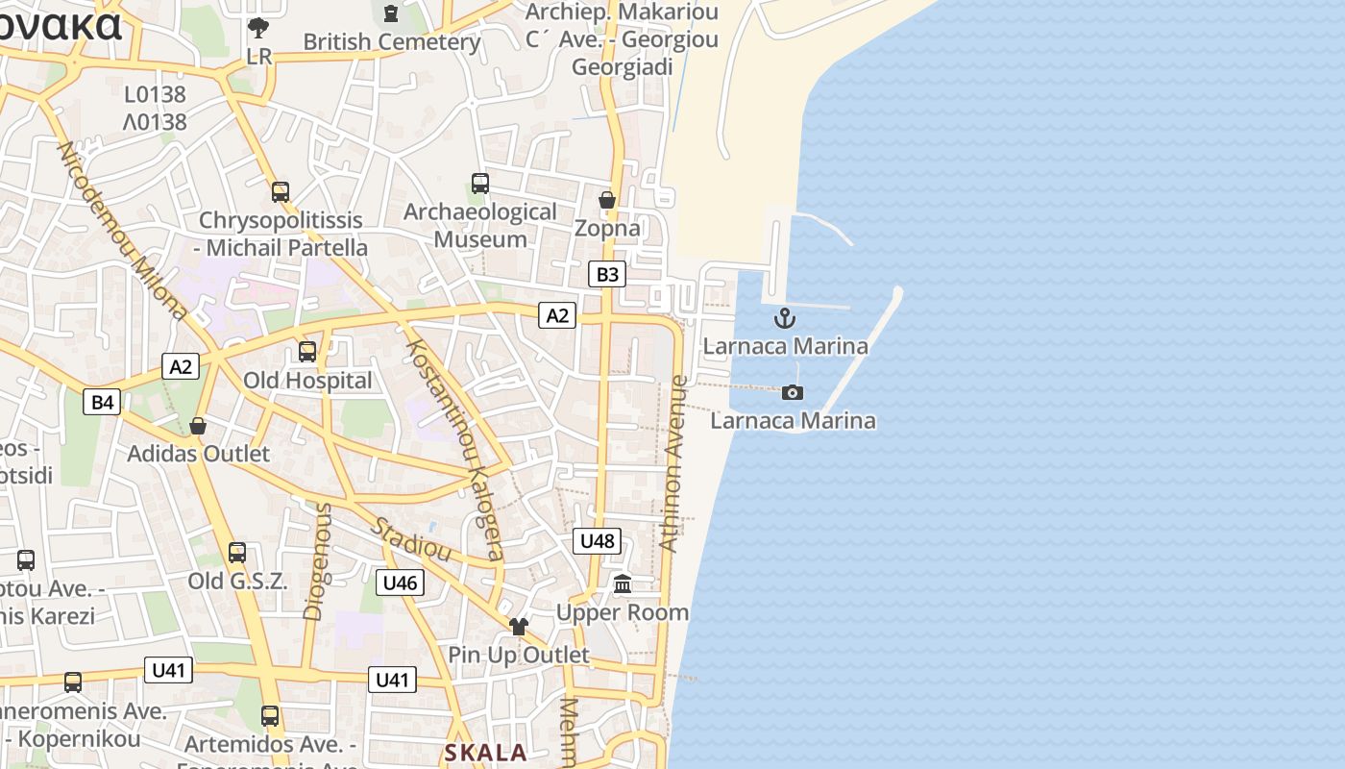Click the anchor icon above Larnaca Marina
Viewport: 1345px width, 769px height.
point(785,318)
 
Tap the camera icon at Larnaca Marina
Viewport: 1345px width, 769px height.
point(793,392)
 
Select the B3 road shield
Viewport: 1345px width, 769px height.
point(607,275)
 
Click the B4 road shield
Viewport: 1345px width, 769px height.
point(103,402)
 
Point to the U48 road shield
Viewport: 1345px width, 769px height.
point(597,541)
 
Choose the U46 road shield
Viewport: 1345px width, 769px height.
point(400,583)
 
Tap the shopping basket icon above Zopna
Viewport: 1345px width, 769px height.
point(607,200)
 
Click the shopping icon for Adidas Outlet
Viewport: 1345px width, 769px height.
point(198,425)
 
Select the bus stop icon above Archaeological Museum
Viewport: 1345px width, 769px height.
point(480,183)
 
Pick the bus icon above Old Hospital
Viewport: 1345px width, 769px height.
point(307,352)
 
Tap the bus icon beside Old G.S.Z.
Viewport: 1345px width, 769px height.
point(237,553)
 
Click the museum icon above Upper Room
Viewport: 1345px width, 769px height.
point(623,583)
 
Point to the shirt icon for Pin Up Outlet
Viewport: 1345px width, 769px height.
point(519,627)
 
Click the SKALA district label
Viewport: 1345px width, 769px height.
point(485,753)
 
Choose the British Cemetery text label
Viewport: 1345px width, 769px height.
point(391,42)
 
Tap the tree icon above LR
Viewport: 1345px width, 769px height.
point(258,27)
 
